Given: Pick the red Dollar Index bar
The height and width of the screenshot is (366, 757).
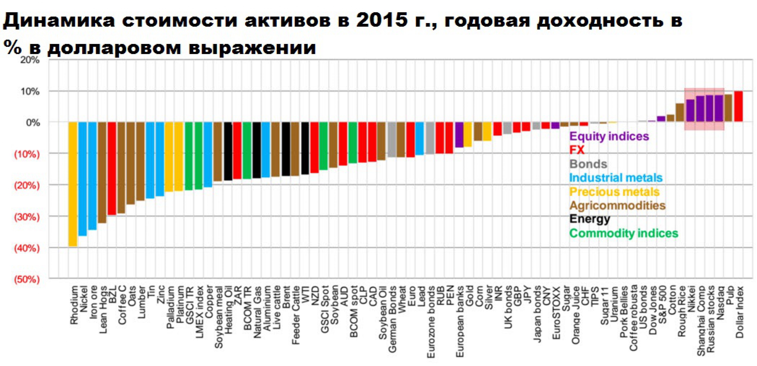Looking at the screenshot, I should coord(738,106).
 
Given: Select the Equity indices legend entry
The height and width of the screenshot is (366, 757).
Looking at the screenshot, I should coord(609,136).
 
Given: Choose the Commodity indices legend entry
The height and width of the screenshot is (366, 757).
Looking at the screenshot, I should coord(623,233).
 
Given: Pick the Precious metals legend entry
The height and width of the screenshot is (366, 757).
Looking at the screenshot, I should coord(614,192).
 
